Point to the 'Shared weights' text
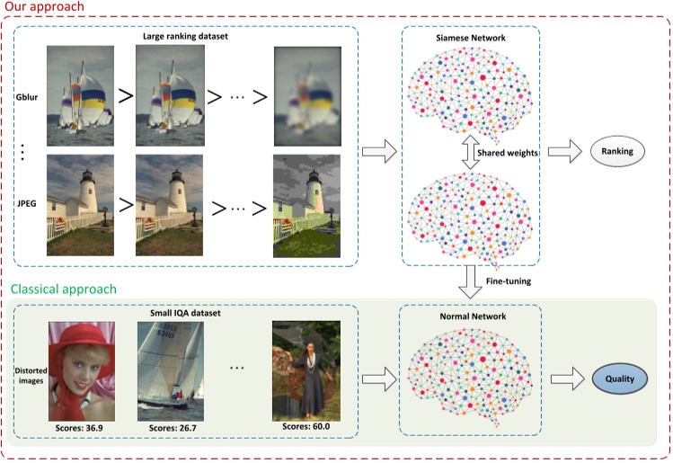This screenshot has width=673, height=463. click(509, 153)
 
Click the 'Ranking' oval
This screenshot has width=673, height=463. click(617, 153)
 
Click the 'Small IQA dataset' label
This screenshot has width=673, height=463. click(186, 314)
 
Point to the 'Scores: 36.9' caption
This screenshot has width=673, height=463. click(80, 427)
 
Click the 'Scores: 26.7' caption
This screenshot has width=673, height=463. click(172, 428)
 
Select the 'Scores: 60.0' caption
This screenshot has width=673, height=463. click(305, 424)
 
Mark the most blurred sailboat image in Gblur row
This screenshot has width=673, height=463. click(308, 90)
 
